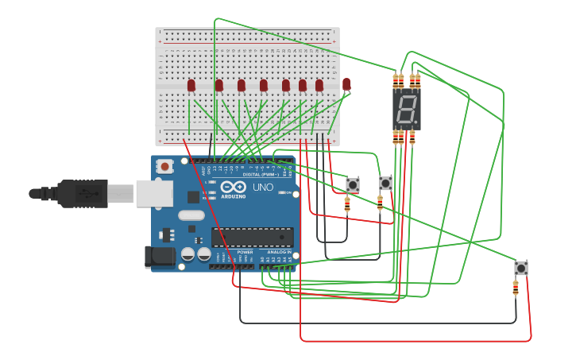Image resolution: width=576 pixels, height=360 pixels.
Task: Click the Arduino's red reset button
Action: point(164,166)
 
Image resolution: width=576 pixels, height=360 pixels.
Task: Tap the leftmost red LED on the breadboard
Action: point(191,85)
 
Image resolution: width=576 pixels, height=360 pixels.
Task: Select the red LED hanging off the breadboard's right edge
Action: point(346,83)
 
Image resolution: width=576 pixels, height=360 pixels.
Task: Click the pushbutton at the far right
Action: point(520,268)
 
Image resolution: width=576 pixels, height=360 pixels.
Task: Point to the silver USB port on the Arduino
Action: point(154,193)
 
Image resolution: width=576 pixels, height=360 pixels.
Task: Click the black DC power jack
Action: point(159,257)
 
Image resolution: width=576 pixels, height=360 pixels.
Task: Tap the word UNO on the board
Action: point(262,188)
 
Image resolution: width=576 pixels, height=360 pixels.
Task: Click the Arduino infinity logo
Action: point(234,187)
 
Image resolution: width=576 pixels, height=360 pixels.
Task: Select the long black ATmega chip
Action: point(252,237)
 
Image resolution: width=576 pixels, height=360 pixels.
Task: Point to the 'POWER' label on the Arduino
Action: point(245,252)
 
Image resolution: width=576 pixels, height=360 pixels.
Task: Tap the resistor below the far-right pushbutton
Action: point(516,288)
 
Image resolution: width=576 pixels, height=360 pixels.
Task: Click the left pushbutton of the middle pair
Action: point(353,184)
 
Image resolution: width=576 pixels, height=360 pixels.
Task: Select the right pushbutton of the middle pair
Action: point(385,183)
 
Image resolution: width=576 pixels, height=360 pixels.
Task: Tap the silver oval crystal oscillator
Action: point(191,215)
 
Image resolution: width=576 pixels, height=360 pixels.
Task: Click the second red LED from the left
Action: point(218,85)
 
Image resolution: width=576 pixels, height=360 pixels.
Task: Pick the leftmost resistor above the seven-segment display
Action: point(396,80)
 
